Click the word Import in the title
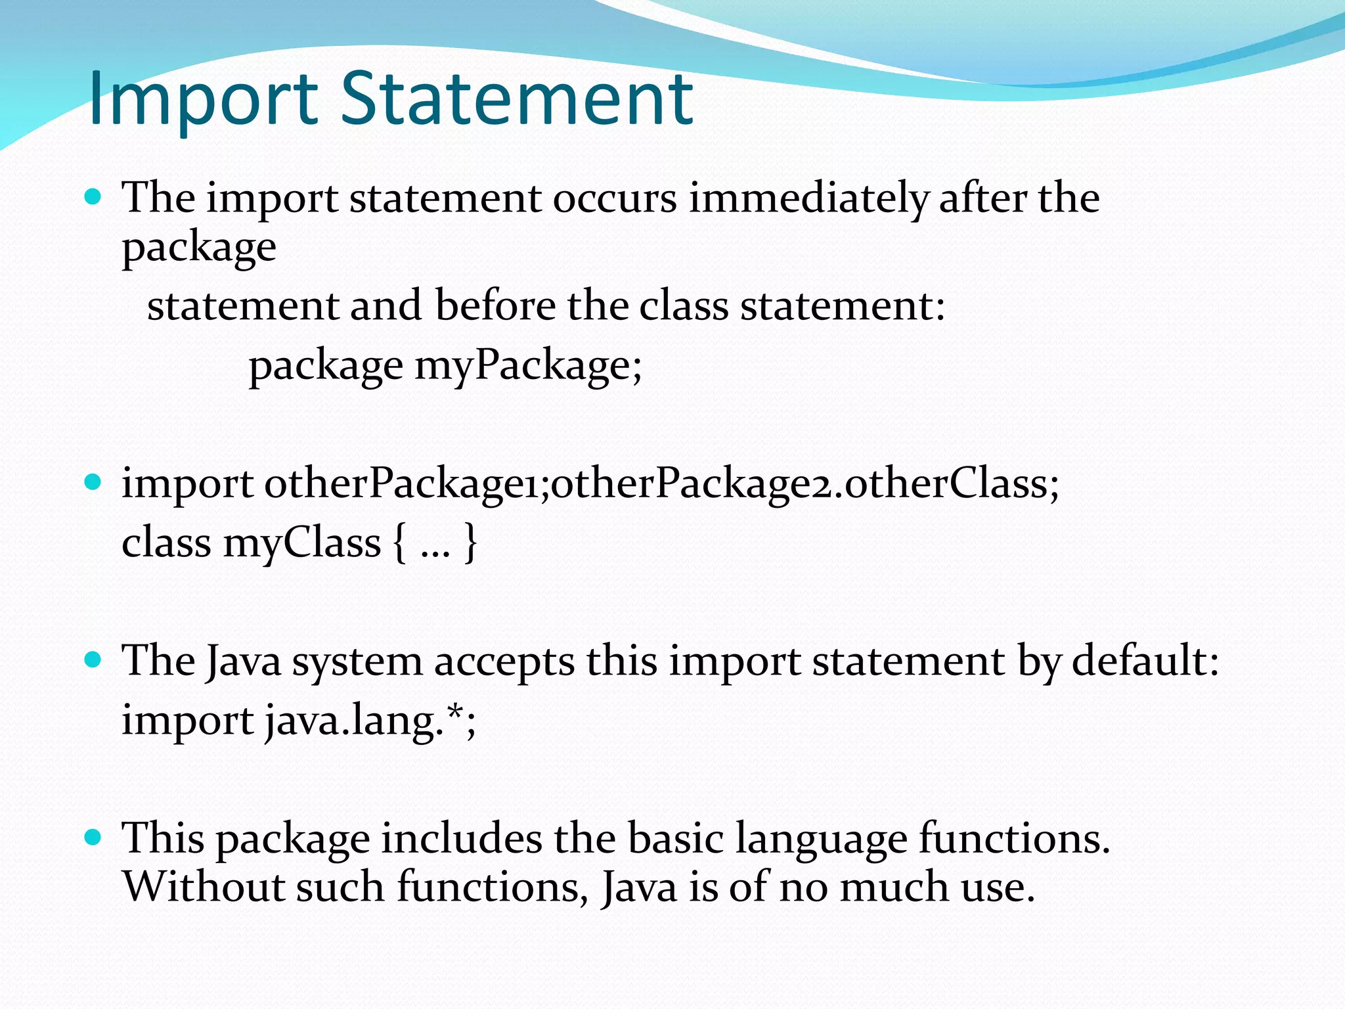[204, 99]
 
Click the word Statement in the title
[517, 99]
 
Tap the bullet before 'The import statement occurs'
[93, 196]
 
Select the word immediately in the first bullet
[808, 198]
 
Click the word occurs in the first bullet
[614, 198]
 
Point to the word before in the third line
[495, 305]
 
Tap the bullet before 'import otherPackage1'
[93, 483]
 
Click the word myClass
[301, 543]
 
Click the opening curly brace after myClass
[399, 543]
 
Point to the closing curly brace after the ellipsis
[470, 543]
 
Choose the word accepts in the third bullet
[504, 661]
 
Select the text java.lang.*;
[370, 721]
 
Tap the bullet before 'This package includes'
[93, 837]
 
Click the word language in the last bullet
[821, 840]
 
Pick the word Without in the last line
[204, 887]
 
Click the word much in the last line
[894, 887]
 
